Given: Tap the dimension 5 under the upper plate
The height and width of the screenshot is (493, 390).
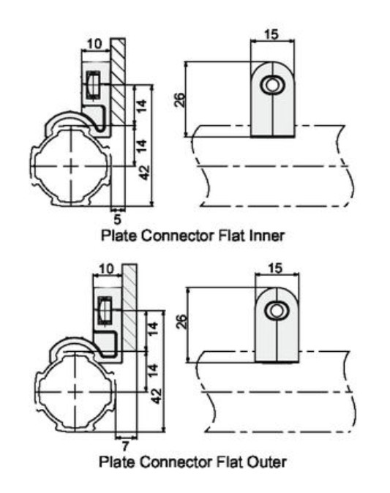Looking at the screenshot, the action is coord(117,219).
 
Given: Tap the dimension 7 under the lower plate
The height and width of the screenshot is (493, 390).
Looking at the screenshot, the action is coord(125,445).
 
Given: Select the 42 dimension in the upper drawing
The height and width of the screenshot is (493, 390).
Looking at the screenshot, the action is coord(144,173).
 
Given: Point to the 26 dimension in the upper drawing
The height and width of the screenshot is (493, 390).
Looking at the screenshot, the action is coord(181,100).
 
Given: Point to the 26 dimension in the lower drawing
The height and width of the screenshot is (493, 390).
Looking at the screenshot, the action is coord(182,322).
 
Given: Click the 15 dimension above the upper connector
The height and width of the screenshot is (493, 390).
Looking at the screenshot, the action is coord(271,34).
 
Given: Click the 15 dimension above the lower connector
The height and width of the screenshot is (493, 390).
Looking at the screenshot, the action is coord(276,268).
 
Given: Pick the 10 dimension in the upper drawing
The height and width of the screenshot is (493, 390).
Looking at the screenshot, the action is coord(94,44).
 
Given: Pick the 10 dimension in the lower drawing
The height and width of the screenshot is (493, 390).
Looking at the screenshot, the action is coord(106,269).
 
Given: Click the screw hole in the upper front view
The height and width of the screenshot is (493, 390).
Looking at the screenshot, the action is coord(271,85).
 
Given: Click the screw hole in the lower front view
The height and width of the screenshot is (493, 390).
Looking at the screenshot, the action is coord(276,311).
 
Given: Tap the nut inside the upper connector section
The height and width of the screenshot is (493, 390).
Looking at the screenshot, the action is coord(93,84).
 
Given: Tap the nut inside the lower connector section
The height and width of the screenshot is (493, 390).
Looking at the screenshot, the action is coord(105,309).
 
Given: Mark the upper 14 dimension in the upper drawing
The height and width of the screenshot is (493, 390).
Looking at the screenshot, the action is coord(142,106).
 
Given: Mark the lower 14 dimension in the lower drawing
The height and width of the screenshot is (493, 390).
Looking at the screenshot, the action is coord(152,371).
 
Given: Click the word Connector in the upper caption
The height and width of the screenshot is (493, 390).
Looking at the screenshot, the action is coord(178,236).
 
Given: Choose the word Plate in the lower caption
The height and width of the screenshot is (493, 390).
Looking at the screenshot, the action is coord(118,462).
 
